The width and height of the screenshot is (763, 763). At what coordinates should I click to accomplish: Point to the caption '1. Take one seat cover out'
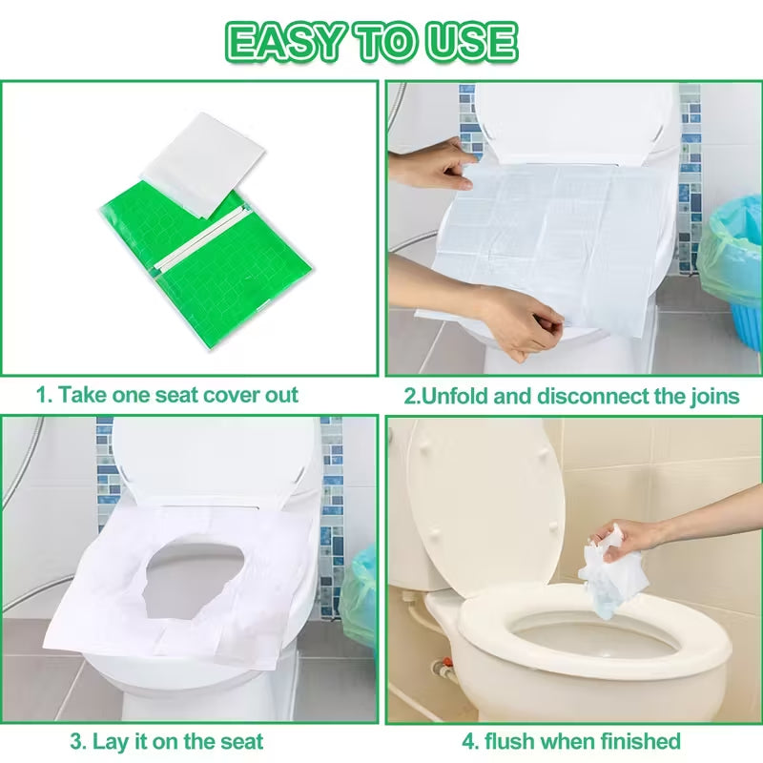coord(168,395)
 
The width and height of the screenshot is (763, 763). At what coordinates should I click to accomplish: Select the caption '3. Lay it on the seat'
coord(166,740)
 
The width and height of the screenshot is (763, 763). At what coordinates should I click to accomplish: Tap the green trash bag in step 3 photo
coord(360,596)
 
